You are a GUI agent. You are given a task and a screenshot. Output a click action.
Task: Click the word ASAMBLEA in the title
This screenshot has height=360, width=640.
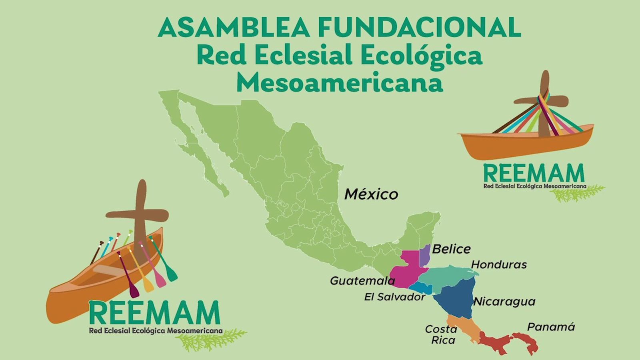pyautogui.click(x=233, y=27)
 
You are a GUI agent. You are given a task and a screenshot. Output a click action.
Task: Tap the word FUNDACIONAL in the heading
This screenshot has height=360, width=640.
pyautogui.click(x=419, y=27)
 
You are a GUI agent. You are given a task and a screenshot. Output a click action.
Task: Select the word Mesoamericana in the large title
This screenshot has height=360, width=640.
pyautogui.click(x=340, y=82)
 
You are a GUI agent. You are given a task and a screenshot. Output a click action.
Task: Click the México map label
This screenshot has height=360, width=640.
pyautogui.click(x=371, y=194)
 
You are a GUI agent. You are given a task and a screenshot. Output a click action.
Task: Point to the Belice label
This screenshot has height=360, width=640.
pyautogui.click(x=451, y=249)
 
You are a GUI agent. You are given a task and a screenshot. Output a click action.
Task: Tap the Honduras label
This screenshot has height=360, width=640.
pyautogui.click(x=499, y=264)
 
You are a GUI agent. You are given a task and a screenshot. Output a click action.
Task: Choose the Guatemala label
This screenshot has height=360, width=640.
pyautogui.click(x=362, y=281)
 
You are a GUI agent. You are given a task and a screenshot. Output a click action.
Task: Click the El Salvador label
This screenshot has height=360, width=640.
pyautogui.click(x=394, y=297)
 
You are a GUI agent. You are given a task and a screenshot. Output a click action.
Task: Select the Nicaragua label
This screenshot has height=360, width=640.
pyautogui.click(x=504, y=302)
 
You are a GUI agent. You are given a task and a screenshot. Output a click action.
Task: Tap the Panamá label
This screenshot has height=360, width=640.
pyautogui.click(x=551, y=327)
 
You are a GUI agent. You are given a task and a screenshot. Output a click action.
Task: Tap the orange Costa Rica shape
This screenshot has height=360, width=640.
pyautogui.click(x=464, y=329)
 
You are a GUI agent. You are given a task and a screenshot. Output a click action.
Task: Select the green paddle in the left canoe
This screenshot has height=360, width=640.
pyautogui.click(x=165, y=260)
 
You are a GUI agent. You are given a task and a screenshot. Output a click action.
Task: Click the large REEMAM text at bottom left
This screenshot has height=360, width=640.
pyautogui.click(x=154, y=313)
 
